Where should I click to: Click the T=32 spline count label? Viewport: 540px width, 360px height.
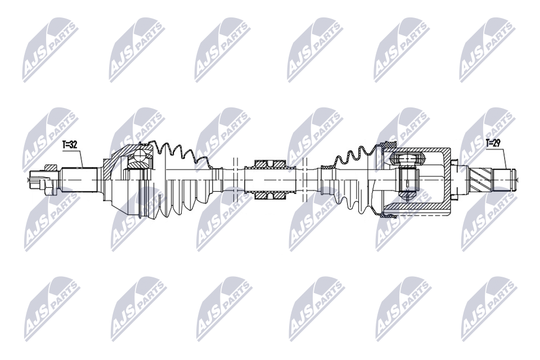70,145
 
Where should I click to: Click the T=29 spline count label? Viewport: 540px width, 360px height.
493,142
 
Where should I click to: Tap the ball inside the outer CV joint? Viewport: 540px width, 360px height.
140,155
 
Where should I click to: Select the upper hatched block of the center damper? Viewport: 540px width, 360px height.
270,164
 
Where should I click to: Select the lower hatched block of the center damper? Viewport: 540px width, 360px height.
270,195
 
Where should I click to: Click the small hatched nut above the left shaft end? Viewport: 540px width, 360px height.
50,168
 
